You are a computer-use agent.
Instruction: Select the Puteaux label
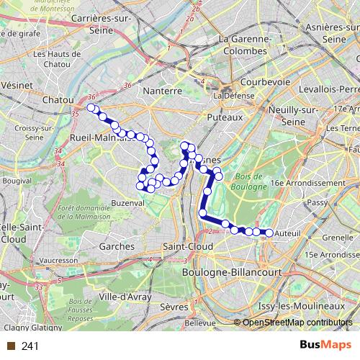click(222, 115)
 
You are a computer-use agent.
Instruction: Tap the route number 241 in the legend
click(30, 346)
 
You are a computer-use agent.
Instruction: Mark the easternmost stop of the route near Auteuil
click(269, 233)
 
